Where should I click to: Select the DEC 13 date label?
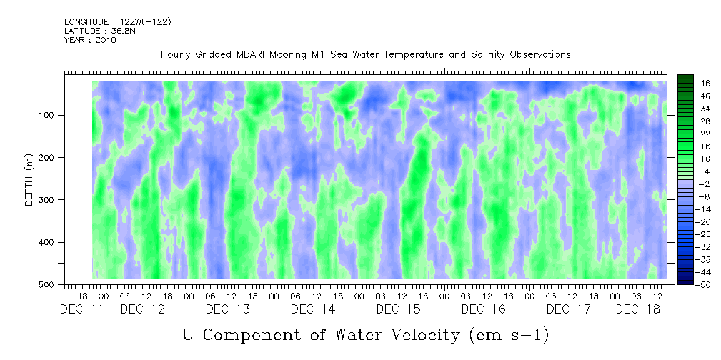click(x=228, y=309)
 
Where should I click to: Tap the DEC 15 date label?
click(x=398, y=309)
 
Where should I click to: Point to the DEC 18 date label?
click(x=637, y=309)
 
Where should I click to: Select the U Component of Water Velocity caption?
click(x=365, y=334)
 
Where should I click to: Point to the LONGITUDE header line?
click(x=117, y=22)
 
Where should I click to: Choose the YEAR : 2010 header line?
click(x=90, y=40)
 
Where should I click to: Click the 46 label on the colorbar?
click(x=706, y=83)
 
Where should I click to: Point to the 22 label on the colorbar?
click(x=706, y=134)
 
